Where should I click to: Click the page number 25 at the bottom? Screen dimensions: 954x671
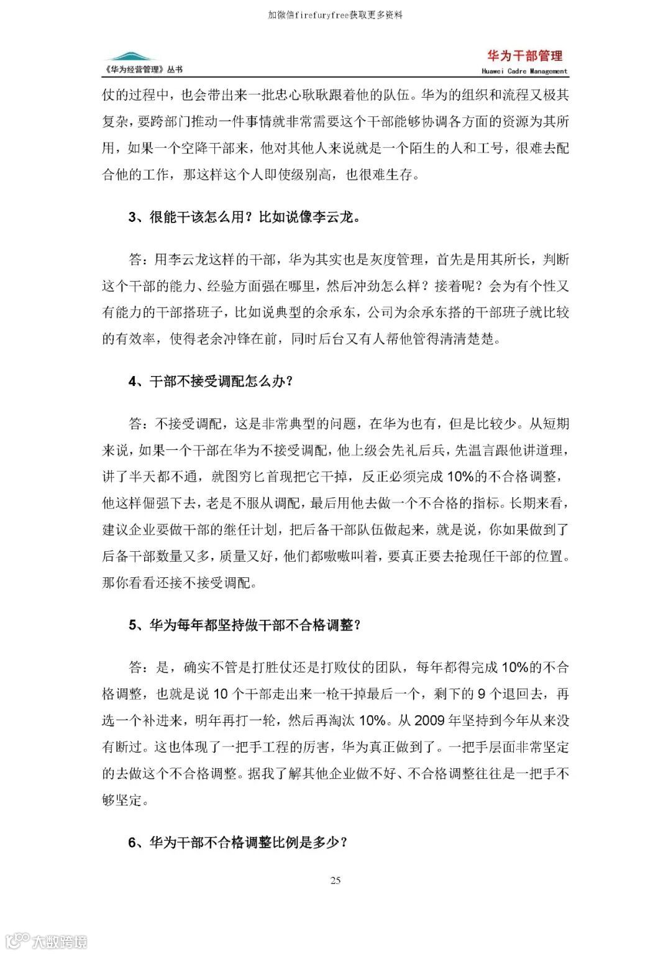click(335, 880)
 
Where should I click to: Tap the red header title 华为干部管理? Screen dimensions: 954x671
click(525, 56)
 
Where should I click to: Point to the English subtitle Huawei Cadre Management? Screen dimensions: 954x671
click(524, 71)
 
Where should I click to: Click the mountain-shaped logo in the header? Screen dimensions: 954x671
click(131, 58)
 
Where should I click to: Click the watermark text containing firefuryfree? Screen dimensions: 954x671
click(335, 14)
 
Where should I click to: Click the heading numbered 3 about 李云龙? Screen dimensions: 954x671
click(244, 217)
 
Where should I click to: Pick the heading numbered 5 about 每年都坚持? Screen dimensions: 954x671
click(245, 625)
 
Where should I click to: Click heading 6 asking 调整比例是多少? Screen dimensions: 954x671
click(237, 842)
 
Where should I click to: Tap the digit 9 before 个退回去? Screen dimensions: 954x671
click(482, 694)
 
